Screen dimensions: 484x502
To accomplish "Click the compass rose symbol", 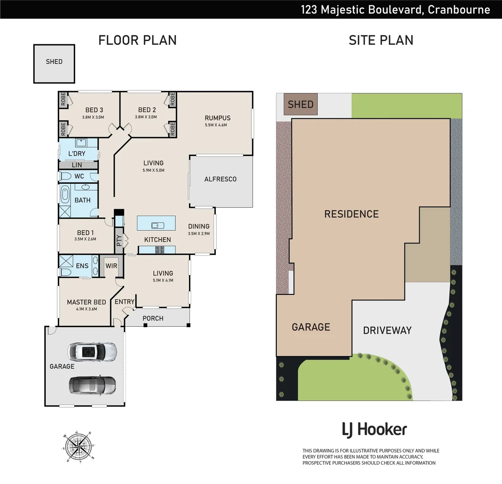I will (x=78, y=446).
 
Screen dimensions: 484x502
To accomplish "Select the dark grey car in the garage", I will (x=92, y=384).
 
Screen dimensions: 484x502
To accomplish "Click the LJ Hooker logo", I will (x=374, y=430).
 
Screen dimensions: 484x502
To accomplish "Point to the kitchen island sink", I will (x=156, y=225).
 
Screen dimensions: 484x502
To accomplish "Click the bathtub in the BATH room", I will (x=65, y=195).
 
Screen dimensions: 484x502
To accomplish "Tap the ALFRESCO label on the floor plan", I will (x=220, y=179).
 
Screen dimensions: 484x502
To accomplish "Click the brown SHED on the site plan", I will (x=300, y=104).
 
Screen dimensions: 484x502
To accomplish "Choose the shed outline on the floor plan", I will (x=54, y=64).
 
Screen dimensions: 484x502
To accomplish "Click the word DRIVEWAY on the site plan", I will (x=387, y=330).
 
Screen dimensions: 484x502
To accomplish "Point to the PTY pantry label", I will (x=119, y=241).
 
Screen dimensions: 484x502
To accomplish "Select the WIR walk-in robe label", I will (x=111, y=266).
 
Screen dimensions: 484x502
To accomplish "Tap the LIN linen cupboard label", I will (x=77, y=165).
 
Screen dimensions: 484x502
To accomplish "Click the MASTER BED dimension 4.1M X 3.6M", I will (x=86, y=309).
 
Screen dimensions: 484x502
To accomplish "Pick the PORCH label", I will (x=153, y=319).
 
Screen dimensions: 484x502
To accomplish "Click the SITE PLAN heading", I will (x=381, y=40).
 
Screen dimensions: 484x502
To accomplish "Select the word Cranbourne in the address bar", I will (x=459, y=9).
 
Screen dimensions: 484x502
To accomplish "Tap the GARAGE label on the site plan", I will (x=311, y=327).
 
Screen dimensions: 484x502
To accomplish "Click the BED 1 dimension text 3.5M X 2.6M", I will (x=86, y=239).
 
